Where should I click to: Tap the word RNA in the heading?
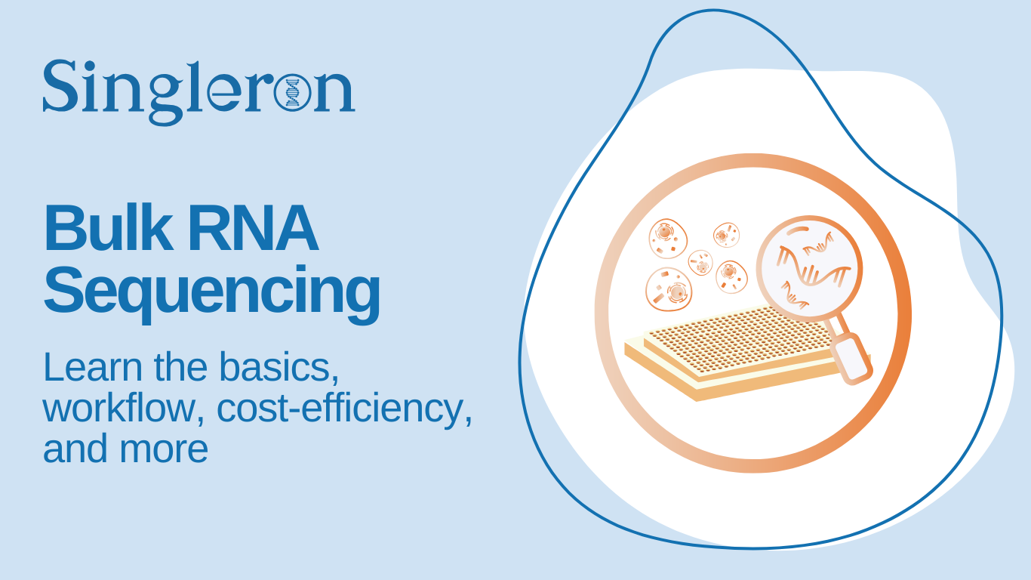click(252, 229)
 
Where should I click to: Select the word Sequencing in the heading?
click(211, 291)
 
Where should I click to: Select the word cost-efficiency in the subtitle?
click(343, 408)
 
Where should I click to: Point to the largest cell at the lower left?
click(668, 289)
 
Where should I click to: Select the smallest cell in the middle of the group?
click(700, 263)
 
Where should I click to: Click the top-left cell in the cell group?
click(668, 239)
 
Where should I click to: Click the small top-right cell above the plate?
click(726, 235)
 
